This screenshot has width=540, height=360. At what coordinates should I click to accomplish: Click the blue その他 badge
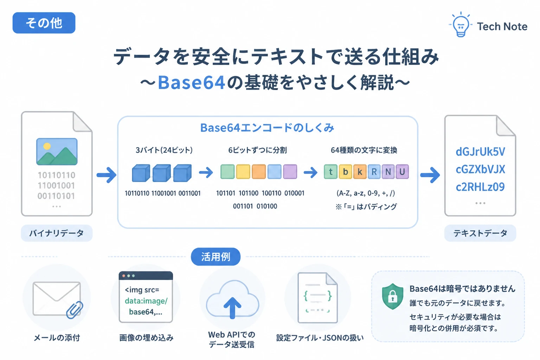44,23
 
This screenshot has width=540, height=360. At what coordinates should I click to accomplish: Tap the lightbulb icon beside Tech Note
461,25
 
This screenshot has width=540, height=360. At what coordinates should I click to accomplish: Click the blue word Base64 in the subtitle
191,83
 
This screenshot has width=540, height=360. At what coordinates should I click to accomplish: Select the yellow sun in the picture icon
47,146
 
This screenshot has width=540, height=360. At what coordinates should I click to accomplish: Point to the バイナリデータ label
57,233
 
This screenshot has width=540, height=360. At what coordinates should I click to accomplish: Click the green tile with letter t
330,172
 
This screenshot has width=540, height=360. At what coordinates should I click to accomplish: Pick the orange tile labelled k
360,172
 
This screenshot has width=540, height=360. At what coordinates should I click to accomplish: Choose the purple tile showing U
402,172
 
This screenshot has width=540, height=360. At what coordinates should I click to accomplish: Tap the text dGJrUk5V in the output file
480,152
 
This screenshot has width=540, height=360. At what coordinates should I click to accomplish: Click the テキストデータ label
480,233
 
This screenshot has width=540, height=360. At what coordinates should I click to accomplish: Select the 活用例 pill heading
216,257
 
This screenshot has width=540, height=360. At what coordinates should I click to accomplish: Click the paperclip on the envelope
75,310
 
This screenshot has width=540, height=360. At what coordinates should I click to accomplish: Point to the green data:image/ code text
146,301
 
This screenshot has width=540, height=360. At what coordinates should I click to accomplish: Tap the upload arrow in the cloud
232,307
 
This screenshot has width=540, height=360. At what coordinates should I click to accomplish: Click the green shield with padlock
392,296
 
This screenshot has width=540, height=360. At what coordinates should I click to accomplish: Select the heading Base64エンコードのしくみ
267,128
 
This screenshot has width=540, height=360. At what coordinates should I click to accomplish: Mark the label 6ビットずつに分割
257,150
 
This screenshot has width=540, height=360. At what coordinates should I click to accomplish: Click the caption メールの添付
57,338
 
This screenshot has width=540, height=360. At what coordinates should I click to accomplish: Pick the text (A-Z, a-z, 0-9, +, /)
366,193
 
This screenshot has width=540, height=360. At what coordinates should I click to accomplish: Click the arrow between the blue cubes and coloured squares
206,172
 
